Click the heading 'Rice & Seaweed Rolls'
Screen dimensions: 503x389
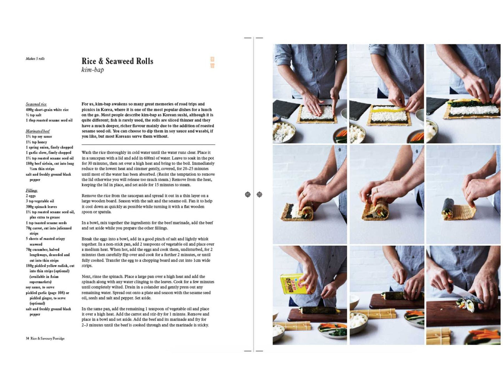pyautogui.click(x=117, y=61)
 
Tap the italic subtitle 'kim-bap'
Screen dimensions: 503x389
pyautogui.click(x=93, y=70)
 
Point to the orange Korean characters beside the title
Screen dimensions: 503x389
pyautogui.click(x=212, y=62)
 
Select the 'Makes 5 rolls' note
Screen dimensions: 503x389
pyautogui.click(x=35, y=59)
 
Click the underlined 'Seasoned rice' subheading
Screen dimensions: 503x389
pyautogui.click(x=36, y=104)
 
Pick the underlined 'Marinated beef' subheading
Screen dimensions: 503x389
pyautogui.click(x=38, y=131)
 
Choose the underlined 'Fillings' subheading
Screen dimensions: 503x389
pyautogui.click(x=31, y=190)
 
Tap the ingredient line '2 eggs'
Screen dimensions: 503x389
pyautogui.click(x=31, y=196)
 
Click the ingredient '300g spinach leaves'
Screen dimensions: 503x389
pyautogui.click(x=41, y=206)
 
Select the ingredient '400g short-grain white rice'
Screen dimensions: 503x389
pyautogui.click(x=47, y=109)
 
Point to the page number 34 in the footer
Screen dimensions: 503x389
pyautogui.click(x=27, y=338)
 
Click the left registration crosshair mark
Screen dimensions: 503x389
pyautogui.click(x=247, y=194)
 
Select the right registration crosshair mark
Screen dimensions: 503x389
pyautogui.click(x=259, y=194)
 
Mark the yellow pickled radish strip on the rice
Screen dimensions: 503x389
pyautogui.click(x=388, y=110)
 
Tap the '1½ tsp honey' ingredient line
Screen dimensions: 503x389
pyautogui.click(x=36, y=142)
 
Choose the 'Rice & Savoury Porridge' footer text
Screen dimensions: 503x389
pyautogui.click(x=47, y=338)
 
